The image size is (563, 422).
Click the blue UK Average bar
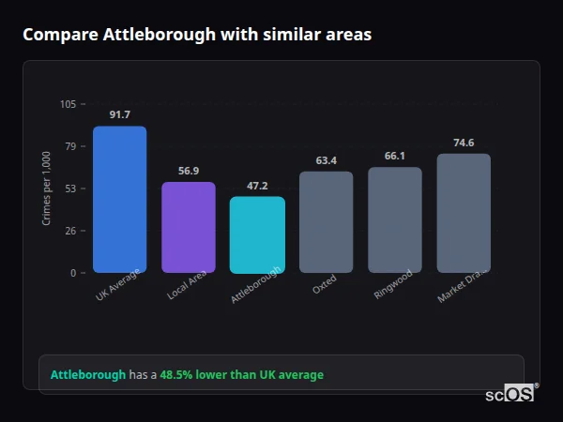pos(119,200)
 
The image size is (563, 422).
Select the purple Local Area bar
pos(188,228)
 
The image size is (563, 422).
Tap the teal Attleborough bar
pos(257,234)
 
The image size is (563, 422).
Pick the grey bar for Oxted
pos(326,222)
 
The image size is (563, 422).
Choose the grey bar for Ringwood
pos(395,220)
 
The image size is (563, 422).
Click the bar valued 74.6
pos(464,213)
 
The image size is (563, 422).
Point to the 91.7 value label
pos(119,115)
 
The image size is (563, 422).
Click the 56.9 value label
pos(188,171)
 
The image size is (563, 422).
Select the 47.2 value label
pos(257,186)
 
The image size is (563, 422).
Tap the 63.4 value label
pos(326,160)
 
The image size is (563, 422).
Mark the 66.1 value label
pos(395,156)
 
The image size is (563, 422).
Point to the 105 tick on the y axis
pos(68,104)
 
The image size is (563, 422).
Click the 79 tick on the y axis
pos(70,146)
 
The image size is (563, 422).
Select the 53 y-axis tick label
pos(70,188)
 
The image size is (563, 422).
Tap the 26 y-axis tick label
pos(70,231)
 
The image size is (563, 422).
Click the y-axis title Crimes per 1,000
pos(47,188)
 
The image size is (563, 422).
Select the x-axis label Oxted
pos(324,285)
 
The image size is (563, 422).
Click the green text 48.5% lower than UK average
pos(241,375)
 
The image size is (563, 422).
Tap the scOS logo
pos(511,394)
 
